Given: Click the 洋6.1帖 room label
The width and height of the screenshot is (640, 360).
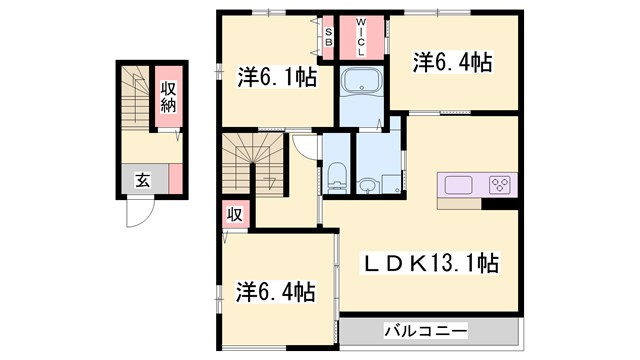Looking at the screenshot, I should (x=275, y=75).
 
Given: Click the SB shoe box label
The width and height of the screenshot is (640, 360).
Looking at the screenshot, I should (x=327, y=37).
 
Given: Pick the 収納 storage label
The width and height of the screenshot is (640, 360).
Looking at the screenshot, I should (x=168, y=96).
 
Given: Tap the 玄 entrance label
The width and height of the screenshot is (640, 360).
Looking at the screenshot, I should (x=142, y=181).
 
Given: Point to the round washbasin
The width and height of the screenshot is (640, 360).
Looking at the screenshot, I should (x=369, y=185).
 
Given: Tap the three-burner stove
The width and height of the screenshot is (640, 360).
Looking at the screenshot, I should (x=500, y=184).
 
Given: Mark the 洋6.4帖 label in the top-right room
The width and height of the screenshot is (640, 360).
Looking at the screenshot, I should (x=452, y=62).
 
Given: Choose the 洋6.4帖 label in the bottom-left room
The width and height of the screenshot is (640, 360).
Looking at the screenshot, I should (x=276, y=292).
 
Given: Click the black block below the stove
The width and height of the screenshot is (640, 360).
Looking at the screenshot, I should (x=497, y=204).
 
